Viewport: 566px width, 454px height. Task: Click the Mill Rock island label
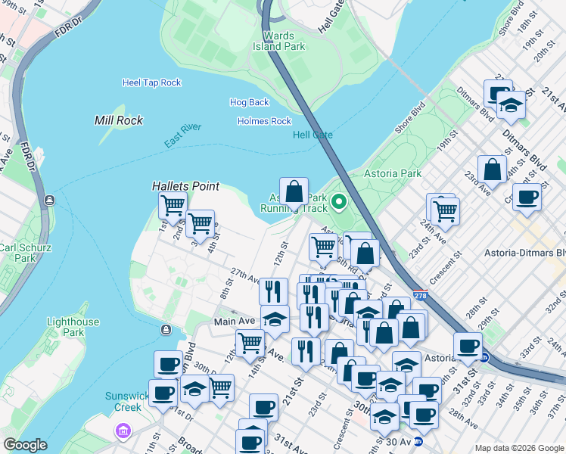pos(119,120)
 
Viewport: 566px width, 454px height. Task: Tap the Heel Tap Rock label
pos(151,82)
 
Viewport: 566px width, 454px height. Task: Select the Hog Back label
pos(249,102)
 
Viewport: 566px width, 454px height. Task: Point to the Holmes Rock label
pos(264,121)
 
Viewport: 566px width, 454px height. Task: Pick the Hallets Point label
pos(185,186)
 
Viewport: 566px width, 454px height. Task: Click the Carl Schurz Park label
pos(17,253)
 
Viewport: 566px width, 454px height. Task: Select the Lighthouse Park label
pos(73,327)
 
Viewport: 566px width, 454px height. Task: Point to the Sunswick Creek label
pos(123,401)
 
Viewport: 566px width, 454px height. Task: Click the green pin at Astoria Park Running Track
pos(339,201)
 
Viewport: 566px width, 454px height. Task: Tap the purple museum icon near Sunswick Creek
pos(123,431)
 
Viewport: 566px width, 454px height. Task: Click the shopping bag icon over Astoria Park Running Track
pos(294,191)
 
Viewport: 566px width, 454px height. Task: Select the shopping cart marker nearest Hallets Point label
pos(173,204)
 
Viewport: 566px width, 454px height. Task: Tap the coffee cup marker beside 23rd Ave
pos(527,197)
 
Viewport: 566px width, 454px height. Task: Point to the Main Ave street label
pos(235,321)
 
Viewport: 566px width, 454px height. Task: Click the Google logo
pos(25,445)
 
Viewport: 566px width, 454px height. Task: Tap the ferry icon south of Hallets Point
pos(165,329)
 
